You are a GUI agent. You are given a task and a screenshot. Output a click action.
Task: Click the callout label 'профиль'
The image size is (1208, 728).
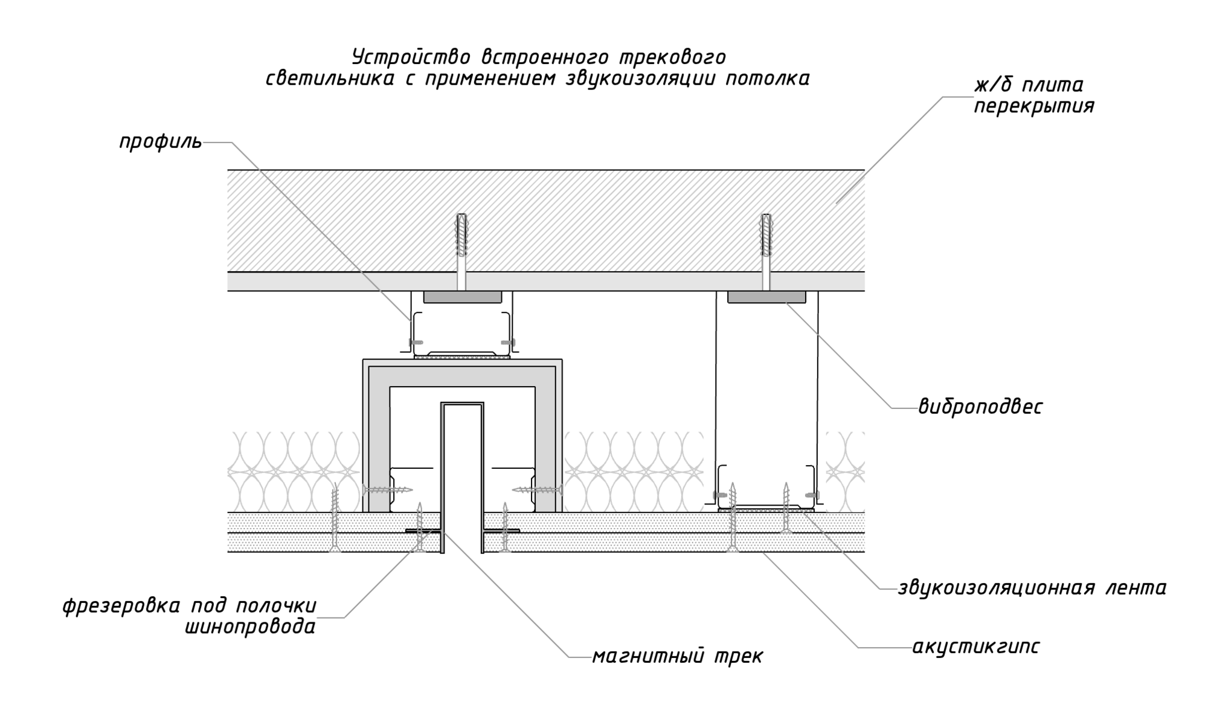pos(161,143)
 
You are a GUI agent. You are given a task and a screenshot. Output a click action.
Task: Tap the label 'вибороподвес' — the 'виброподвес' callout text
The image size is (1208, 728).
pos(980,407)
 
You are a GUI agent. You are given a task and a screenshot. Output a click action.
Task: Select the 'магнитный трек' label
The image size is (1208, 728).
pos(677,656)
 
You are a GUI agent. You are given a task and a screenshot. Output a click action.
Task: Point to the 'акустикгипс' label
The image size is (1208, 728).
pos(975,647)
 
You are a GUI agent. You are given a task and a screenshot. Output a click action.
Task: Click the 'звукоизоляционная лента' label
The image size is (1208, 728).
pos(1032,587)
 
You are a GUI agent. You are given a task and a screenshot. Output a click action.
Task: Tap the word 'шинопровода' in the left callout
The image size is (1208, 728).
pos(250,627)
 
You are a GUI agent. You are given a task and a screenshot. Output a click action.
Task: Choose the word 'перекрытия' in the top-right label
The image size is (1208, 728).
pos(1034,106)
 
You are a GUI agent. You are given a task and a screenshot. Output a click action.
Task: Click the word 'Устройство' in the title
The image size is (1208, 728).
pos(411,57)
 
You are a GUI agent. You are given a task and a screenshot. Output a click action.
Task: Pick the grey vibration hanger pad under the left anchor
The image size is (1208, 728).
pos(462,297)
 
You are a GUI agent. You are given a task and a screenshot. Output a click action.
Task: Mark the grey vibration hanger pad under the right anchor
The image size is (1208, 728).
pos(766,297)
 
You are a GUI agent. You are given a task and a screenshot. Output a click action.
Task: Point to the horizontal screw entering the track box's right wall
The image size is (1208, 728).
pos(537,489)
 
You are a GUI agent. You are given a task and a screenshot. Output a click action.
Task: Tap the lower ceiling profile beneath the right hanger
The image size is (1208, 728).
pos(766,487)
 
